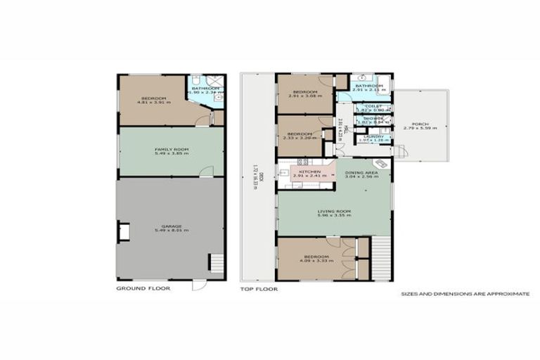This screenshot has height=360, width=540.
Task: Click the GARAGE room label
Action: [x=171, y=224]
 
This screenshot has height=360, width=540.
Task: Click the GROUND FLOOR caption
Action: [x=141, y=288]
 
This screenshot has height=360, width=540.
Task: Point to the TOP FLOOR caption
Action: [x=259, y=288]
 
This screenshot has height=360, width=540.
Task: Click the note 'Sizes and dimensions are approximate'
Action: [x=465, y=294]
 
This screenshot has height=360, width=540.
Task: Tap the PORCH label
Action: [x=420, y=124]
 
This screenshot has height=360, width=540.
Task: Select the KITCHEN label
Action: [x=310, y=172]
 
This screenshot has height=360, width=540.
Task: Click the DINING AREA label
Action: [x=362, y=172]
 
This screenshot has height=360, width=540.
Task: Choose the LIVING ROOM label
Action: [x=334, y=211]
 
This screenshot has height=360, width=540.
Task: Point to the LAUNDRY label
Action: [x=373, y=136]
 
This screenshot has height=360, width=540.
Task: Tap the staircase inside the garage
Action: [x=215, y=264]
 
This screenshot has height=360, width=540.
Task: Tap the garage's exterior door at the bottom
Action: [x=199, y=285]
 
